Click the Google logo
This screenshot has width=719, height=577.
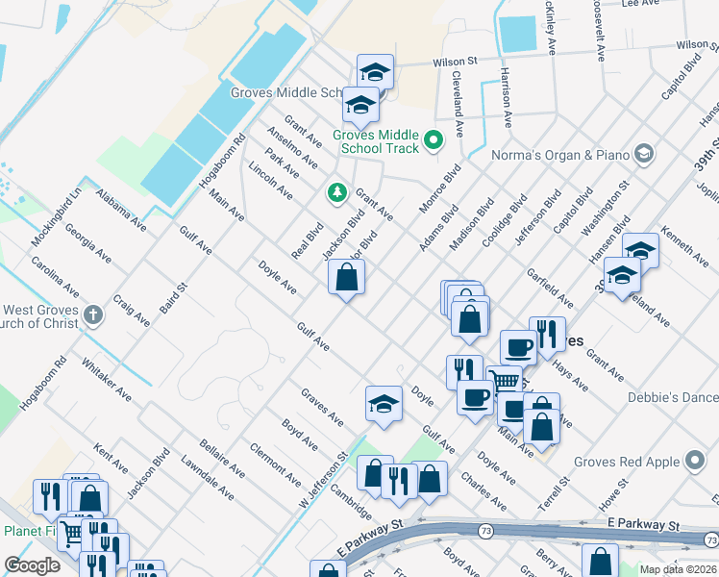point(33,565)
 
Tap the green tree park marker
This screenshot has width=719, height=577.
point(337,193)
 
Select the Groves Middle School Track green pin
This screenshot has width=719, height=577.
point(434,142)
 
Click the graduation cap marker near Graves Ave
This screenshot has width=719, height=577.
point(384,404)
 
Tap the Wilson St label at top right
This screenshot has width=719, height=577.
point(677,46)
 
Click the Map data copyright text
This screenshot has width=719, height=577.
point(679,569)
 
